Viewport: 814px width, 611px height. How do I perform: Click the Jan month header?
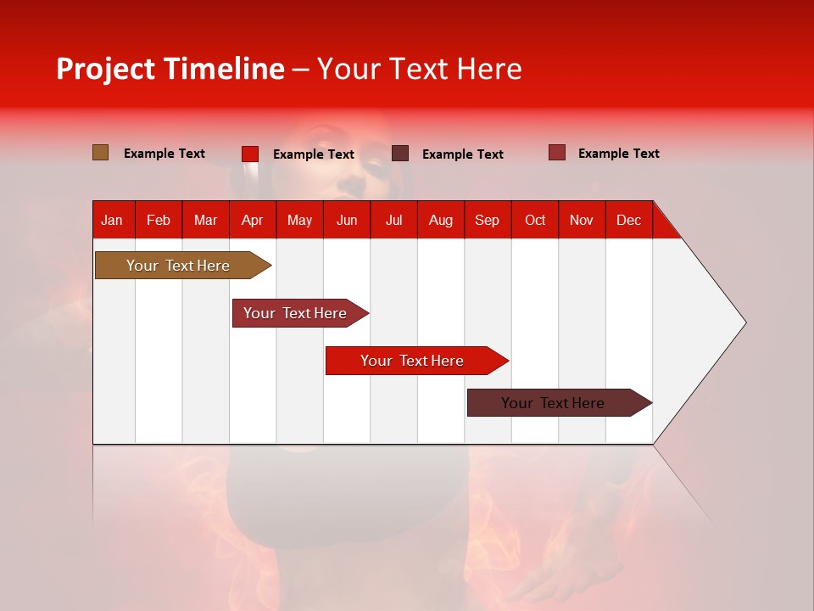tap(113, 220)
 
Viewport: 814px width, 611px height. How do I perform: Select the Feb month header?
tap(159, 220)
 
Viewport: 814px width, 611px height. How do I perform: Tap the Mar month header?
tap(205, 220)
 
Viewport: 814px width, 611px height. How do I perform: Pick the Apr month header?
tap(253, 220)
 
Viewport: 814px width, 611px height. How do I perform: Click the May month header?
tap(299, 220)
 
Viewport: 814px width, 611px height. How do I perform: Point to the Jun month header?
tap(347, 220)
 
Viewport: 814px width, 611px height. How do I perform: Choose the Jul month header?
tap(393, 220)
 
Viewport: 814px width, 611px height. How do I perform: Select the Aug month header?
tap(441, 220)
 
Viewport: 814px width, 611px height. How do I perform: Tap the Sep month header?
tap(488, 220)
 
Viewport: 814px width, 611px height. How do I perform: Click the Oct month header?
tap(535, 220)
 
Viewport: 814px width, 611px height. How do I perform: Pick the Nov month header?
tap(582, 220)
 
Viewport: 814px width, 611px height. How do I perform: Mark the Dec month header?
tap(629, 220)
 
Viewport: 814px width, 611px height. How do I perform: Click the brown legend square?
tap(100, 153)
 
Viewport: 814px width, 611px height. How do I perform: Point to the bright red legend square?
tap(250, 154)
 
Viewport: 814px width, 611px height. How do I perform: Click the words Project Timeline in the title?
tap(170, 69)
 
